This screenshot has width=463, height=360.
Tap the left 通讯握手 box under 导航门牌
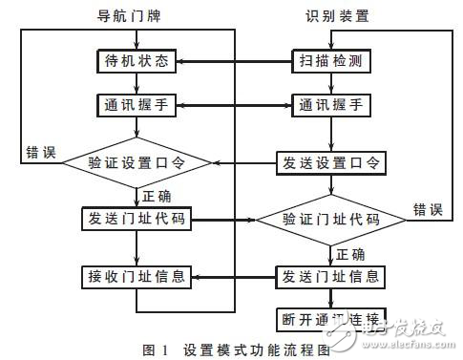coord(137,105)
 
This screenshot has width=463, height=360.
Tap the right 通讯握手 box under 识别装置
coord(330,105)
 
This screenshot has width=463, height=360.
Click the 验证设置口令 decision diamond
coord(137,162)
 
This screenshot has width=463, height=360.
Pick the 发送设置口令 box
coord(330,162)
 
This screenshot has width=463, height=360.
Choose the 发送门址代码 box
coord(137,220)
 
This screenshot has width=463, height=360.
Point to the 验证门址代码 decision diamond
coord(330,220)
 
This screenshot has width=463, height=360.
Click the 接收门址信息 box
coord(137,278)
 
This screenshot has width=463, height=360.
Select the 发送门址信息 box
coord(330,278)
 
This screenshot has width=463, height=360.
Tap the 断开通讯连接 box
coord(330,316)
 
